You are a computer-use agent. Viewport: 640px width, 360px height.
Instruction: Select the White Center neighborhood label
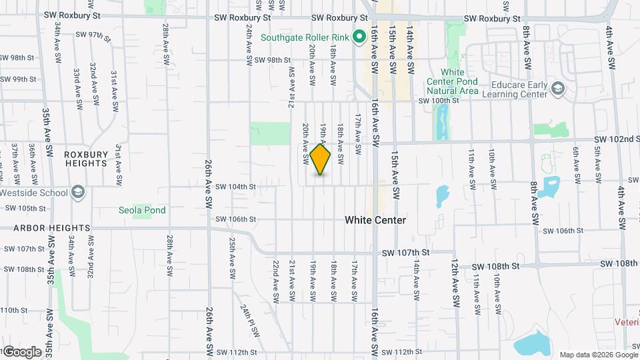click(375, 219)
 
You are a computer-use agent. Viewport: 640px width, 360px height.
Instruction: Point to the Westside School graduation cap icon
click(78, 193)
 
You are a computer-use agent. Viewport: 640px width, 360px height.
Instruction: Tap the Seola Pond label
click(142, 210)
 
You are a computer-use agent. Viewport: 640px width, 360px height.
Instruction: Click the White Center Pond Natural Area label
click(451, 81)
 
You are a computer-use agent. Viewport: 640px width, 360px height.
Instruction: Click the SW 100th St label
click(439, 100)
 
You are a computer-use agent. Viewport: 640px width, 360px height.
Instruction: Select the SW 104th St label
click(235, 187)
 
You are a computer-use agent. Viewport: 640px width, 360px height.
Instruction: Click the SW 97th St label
click(91, 34)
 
